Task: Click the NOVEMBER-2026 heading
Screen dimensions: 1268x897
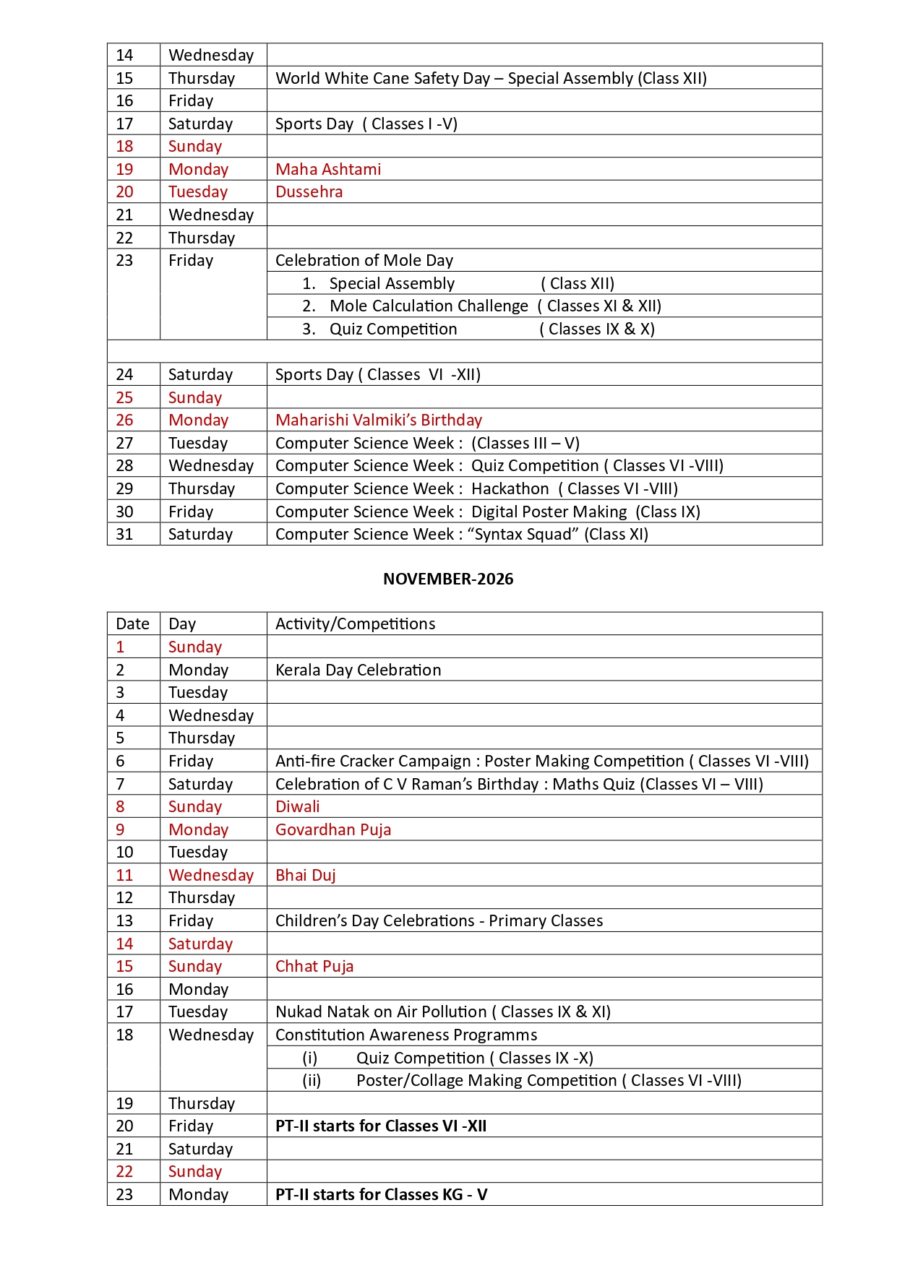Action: pos(448,579)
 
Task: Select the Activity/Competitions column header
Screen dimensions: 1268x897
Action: pos(355,624)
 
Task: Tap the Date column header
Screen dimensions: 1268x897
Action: pos(132,624)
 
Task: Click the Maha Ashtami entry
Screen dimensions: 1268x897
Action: pos(328,169)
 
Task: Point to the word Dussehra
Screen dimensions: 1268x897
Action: pos(309,191)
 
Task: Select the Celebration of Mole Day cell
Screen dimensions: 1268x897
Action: pos(364,260)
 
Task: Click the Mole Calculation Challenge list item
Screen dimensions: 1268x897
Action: pos(429,306)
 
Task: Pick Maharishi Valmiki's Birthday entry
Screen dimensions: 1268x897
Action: pos(379,420)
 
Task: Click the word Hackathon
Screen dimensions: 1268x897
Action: pos(510,488)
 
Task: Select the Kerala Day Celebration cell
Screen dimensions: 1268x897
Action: pos(358,670)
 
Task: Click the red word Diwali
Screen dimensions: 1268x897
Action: pos(297,806)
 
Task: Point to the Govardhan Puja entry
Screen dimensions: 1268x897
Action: pos(333,829)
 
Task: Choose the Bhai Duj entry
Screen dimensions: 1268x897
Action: pos(306,875)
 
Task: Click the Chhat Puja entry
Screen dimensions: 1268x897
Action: pos(314,966)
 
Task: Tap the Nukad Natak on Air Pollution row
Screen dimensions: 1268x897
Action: pos(442,1012)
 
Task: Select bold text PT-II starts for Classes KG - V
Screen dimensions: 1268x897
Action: pos(381,1194)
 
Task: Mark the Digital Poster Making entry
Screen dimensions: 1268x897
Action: pos(549,512)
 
